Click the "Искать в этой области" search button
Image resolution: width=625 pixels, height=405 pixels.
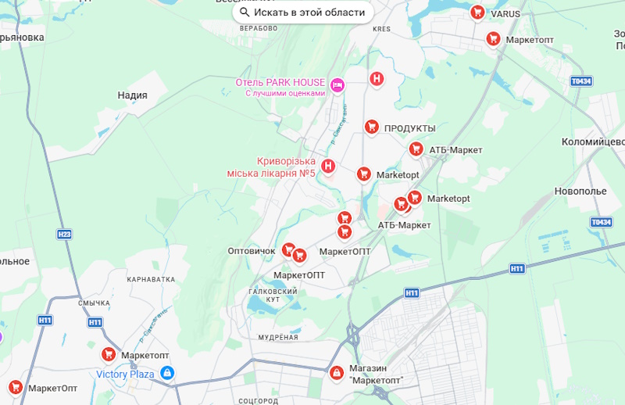[x=302, y=12]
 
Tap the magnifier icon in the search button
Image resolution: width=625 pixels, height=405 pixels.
[x=245, y=12]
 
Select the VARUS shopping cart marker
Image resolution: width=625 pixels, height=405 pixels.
[x=477, y=13]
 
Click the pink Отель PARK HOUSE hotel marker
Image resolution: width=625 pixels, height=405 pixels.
[x=337, y=84]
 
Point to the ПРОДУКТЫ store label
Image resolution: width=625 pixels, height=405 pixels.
[x=409, y=128]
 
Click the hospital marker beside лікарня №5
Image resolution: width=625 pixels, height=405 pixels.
[x=329, y=166]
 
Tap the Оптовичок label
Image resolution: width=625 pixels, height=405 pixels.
[x=250, y=251]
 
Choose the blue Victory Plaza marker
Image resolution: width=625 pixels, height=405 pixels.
[x=166, y=374]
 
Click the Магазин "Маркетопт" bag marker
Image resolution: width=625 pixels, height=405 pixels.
[x=336, y=373]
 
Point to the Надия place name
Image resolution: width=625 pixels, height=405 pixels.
[x=132, y=95]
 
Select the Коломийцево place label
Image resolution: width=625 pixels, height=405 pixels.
[x=593, y=142]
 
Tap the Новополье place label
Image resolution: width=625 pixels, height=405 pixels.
[x=580, y=191]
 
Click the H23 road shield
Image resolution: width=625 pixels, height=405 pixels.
[x=64, y=234]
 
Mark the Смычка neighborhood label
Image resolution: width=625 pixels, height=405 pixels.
[x=95, y=303]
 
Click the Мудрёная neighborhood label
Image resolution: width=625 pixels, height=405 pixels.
[x=278, y=337]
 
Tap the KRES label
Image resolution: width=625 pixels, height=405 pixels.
[x=381, y=29]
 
